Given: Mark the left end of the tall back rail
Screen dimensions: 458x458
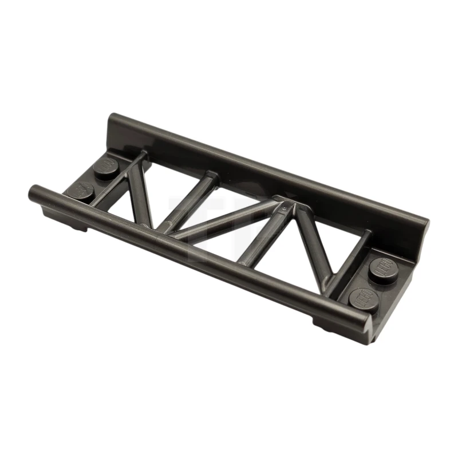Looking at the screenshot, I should click(x=112, y=123).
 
